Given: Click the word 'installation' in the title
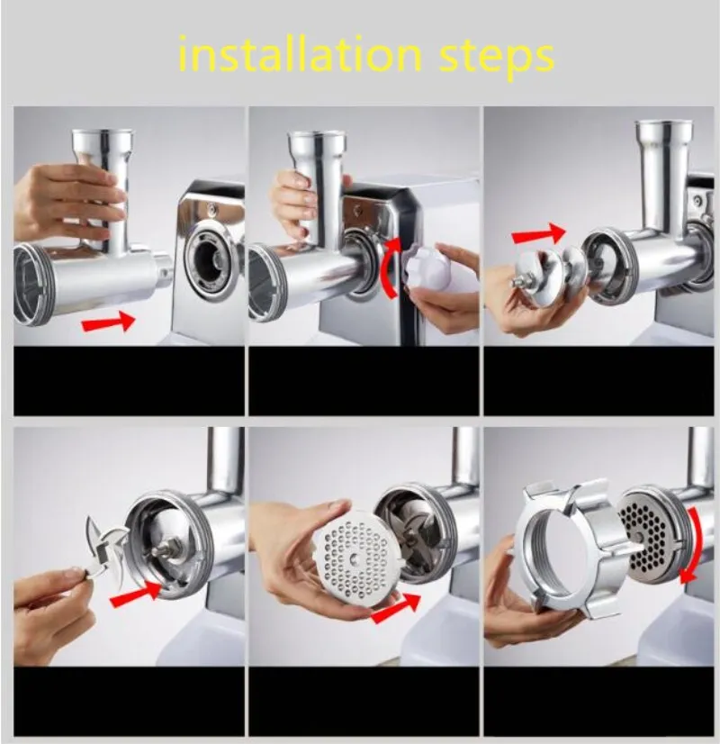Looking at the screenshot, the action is [300, 55].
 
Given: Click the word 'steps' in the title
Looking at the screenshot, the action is [496, 59].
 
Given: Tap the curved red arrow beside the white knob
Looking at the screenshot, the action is [390, 268].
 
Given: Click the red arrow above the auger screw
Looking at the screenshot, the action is [539, 233].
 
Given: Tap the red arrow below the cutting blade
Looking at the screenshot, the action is [136, 593].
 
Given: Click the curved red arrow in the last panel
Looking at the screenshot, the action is [692, 545].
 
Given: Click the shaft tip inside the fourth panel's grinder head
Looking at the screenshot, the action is [163, 552].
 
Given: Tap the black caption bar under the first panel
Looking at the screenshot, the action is [129, 381].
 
